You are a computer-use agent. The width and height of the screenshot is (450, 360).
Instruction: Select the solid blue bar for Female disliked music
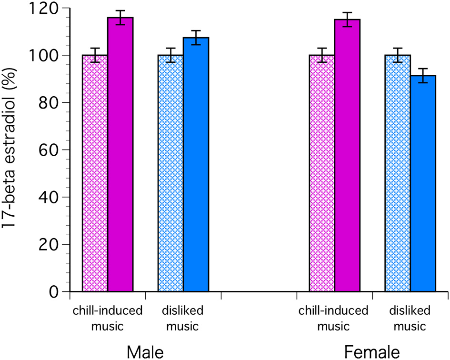(x=423, y=183)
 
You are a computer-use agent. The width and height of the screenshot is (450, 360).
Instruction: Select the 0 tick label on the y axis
(x=55, y=291)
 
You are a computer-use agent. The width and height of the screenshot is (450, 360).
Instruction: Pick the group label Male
(x=145, y=352)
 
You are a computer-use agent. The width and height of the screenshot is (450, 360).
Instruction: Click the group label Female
(x=372, y=352)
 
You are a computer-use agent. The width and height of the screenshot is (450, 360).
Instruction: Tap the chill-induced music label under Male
(x=108, y=319)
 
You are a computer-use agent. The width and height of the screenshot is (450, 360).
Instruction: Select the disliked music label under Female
(x=410, y=319)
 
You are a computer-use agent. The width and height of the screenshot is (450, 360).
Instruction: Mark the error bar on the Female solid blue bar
(x=423, y=75)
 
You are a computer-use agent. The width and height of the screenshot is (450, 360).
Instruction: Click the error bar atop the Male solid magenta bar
(x=120, y=17)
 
